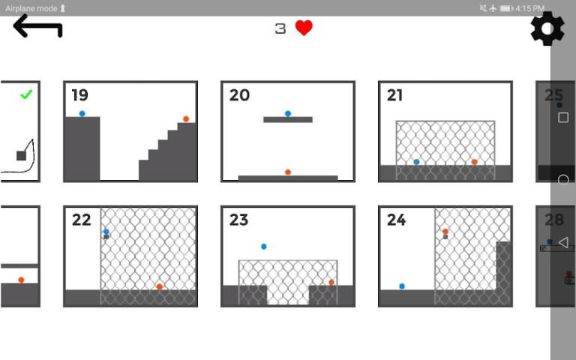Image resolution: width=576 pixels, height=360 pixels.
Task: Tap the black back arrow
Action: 37,26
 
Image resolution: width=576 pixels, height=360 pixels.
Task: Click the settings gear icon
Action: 547,28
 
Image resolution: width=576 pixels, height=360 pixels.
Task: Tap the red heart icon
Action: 304,28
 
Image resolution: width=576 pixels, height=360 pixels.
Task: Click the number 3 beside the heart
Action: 280,28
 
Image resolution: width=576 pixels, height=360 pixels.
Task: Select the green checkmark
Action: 26,94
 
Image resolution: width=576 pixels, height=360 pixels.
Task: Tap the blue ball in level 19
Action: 82,114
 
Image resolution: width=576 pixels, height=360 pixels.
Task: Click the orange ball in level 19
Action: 186,119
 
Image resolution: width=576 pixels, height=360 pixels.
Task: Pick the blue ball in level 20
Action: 288,114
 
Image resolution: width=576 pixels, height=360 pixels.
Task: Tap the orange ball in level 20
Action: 288,172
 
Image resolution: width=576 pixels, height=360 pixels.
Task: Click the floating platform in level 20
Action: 288,120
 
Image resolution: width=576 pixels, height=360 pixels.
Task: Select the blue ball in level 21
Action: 416,162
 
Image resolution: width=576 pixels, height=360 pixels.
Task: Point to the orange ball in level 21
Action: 474,162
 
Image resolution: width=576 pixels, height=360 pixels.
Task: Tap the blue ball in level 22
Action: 106,232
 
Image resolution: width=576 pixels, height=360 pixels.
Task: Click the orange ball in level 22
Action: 160,286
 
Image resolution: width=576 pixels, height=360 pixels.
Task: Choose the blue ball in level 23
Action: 264,247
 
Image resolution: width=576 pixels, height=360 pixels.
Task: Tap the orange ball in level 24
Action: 445,232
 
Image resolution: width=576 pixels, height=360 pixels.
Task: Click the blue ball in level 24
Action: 402,286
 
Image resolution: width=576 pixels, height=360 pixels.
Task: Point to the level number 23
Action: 238,220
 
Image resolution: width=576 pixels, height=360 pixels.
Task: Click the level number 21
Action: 394,95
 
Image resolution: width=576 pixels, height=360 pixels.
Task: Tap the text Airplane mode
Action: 31,8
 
